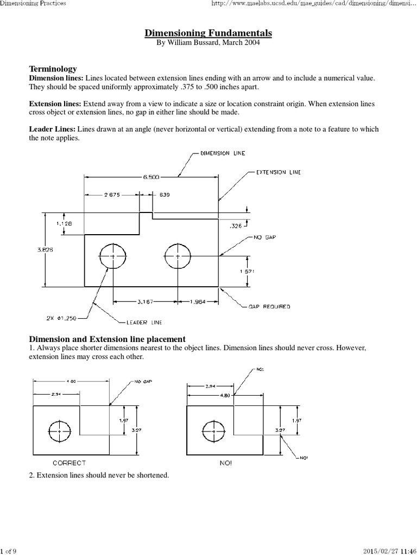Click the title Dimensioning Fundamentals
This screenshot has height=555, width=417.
tap(208, 34)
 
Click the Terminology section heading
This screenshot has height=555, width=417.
tap(53, 69)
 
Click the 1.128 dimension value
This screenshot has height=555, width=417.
tap(64, 223)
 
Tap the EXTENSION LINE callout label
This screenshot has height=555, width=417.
tap(278, 172)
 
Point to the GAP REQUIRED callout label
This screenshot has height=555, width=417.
tap(269, 307)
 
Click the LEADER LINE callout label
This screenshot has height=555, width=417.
tap(144, 322)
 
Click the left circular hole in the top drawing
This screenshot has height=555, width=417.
tap(112, 256)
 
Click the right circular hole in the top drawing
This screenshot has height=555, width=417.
tap(178, 256)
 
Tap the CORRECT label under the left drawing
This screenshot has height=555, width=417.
tap(69, 463)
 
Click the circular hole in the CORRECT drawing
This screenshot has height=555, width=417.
tap(59, 431)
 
